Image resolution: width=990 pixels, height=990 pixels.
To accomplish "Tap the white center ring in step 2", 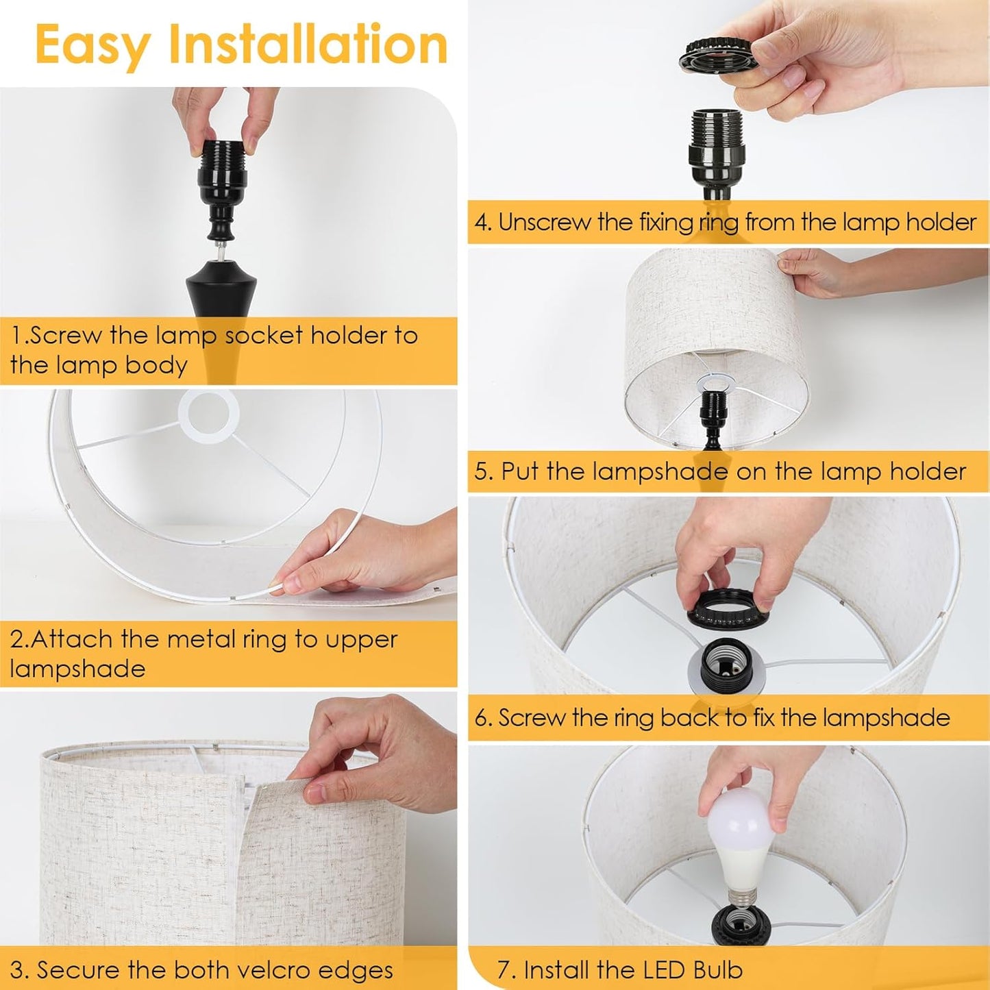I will click(208, 415).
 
